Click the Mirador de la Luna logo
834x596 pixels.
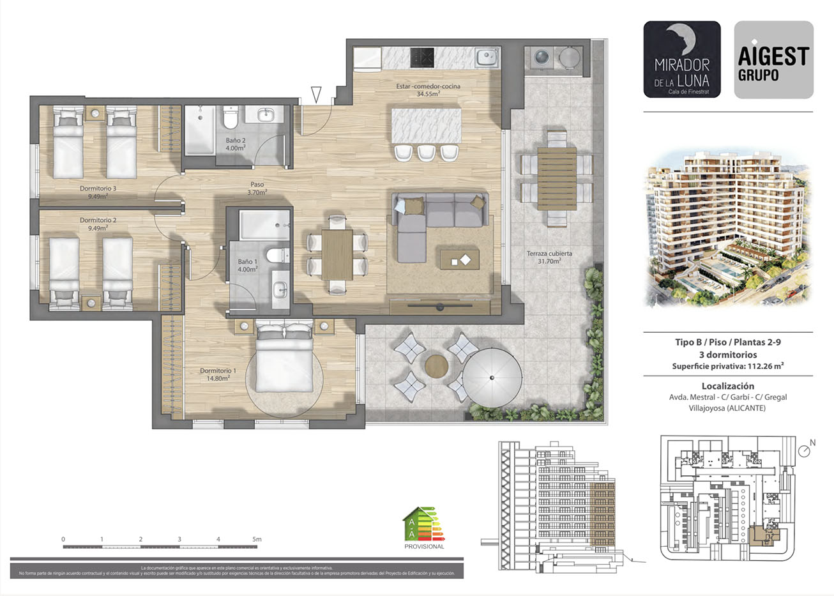(681, 59)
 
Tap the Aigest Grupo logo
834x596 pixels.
(773, 60)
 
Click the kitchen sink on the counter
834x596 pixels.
(487, 57)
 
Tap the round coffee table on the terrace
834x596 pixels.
(437, 367)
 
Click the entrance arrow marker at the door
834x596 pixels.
(315, 95)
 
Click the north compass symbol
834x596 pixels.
(806, 450)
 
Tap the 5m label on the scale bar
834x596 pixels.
(257, 540)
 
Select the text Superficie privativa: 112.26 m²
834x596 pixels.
(727, 367)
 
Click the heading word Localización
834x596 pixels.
(727, 386)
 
